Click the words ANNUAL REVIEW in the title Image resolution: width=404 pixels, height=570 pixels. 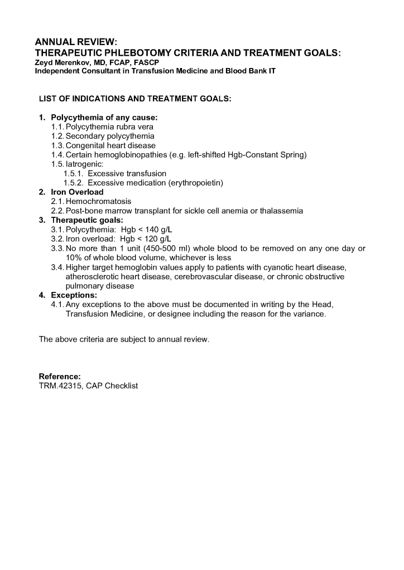coord(76,42)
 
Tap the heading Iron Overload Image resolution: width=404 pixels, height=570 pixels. coord(77,192)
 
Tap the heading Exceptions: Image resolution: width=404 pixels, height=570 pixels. coord(74,295)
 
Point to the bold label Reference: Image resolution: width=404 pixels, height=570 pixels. coord(60,376)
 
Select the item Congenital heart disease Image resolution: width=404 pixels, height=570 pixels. coord(110,145)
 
